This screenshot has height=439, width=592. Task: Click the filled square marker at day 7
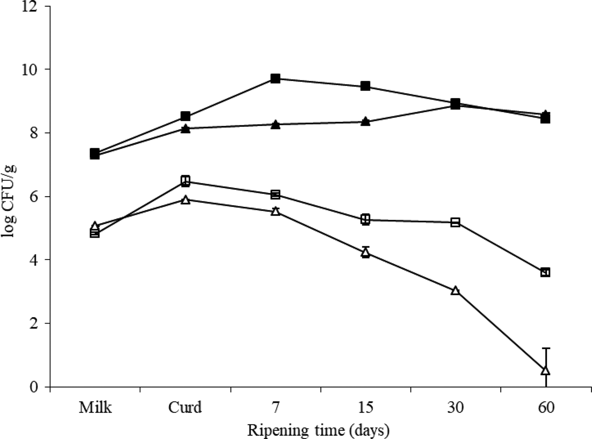tap(275, 78)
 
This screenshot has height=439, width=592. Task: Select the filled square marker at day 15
tap(365, 86)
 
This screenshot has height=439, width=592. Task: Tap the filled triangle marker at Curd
tap(185, 129)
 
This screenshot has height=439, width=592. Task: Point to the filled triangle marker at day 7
tap(275, 124)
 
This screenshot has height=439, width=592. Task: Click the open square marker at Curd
tap(185, 181)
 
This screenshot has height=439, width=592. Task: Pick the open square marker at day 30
tap(455, 222)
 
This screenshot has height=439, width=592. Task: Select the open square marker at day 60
tap(545, 272)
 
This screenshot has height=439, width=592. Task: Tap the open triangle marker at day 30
tap(455, 291)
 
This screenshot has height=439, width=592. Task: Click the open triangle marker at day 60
tap(545, 370)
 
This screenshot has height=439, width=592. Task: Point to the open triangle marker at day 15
tap(365, 253)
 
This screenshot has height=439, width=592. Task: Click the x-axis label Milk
tap(95, 407)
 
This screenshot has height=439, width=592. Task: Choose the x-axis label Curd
tap(185, 407)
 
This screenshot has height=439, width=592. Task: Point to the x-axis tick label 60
tap(546, 407)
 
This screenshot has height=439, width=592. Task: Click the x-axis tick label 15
tap(365, 407)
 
